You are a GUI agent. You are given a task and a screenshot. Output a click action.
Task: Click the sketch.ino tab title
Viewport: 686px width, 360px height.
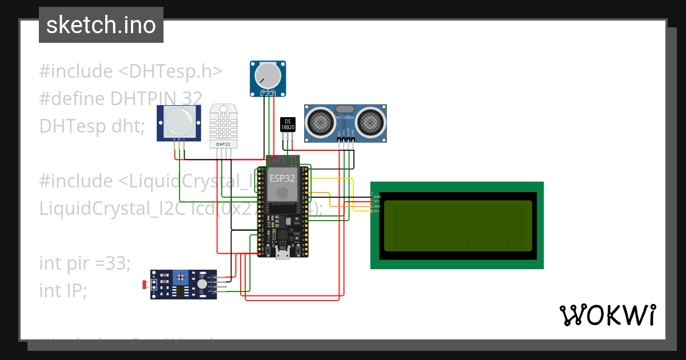pos(101,25)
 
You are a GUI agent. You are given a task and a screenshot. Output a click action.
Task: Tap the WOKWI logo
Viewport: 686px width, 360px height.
pos(607,315)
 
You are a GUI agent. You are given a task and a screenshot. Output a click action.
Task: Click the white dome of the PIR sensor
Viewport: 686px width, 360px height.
pos(179,122)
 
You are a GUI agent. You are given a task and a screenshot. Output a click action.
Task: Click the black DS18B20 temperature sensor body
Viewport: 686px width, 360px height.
pos(288,125)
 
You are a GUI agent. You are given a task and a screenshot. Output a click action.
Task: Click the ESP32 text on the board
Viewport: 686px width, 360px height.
pos(282,178)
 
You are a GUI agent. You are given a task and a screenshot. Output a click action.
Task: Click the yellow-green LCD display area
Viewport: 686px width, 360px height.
pos(458,226)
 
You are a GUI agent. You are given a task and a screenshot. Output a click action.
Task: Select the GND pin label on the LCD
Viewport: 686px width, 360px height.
pos(377,197)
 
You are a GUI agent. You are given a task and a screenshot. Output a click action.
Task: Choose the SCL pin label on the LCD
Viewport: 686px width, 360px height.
pos(377,211)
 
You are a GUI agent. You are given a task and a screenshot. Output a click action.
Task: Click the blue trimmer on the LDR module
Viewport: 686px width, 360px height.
pos(181,277)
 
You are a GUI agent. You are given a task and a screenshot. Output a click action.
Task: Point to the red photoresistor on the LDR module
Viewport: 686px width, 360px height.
pos(143,284)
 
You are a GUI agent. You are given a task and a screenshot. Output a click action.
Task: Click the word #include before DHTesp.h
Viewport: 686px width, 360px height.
pos(75,71)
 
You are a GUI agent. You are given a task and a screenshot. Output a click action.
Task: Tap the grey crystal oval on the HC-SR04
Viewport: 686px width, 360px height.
pos(345,109)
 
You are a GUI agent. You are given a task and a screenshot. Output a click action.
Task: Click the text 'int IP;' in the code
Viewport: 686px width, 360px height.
pos(63,291)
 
